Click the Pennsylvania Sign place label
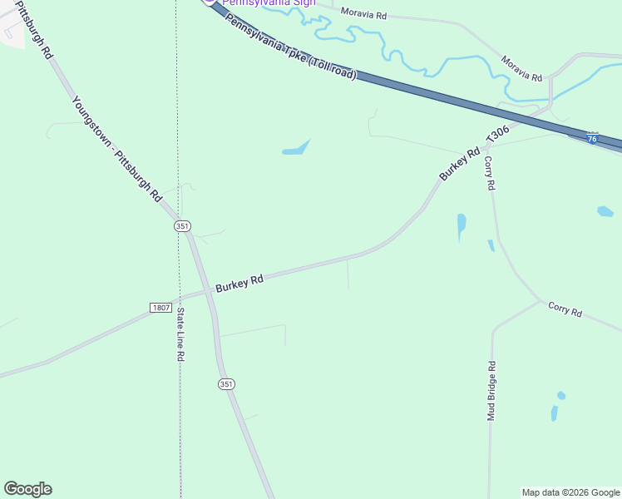click(268, 2)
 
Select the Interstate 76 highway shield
click(592, 138)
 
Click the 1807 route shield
click(161, 308)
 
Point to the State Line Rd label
click(180, 334)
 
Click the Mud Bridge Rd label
click(491, 391)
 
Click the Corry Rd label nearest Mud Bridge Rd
click(565, 309)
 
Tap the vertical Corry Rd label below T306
click(490, 174)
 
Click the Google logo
click(27, 489)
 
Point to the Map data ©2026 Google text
click(571, 492)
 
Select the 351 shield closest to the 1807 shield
click(182, 226)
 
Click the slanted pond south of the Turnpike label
click(296, 149)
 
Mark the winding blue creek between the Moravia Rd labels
click(391, 50)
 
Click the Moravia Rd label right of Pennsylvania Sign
click(364, 15)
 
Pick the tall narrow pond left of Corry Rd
click(462, 225)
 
